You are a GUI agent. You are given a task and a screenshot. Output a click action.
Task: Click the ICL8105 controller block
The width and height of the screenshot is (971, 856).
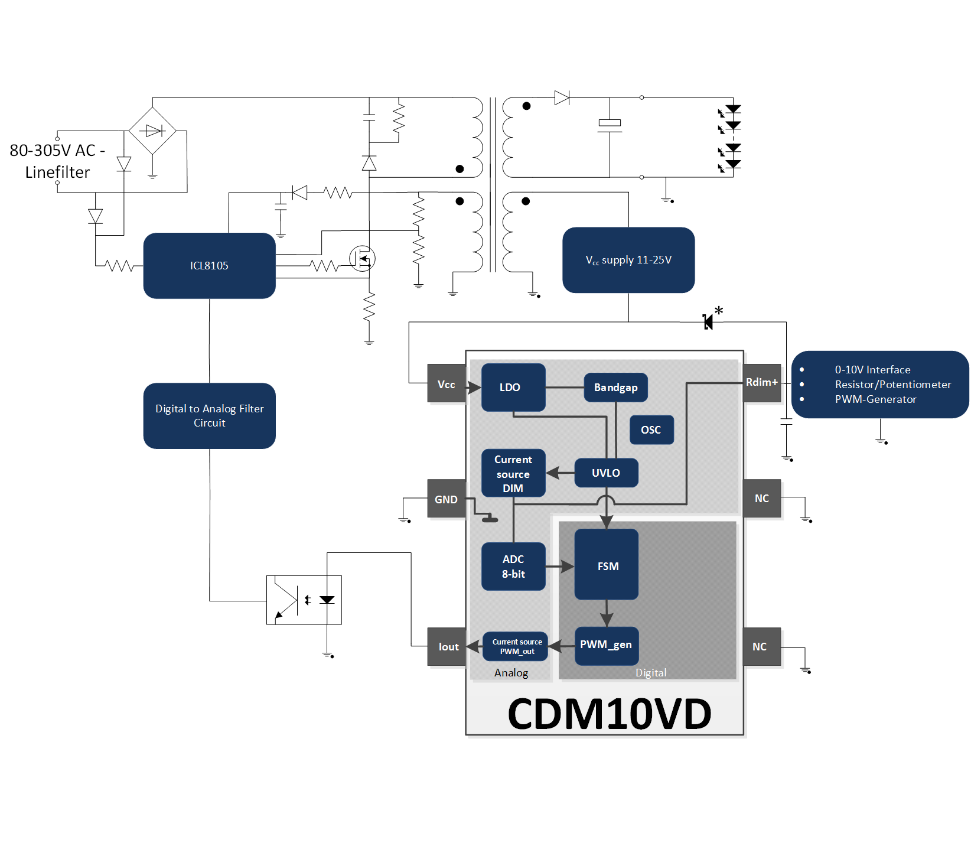(209, 266)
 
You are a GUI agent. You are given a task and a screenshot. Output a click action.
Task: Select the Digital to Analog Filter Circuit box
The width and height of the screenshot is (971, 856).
(209, 416)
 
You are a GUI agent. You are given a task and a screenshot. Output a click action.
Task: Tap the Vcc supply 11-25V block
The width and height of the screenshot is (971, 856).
(628, 260)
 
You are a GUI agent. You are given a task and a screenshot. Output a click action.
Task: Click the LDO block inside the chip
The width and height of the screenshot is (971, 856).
(513, 388)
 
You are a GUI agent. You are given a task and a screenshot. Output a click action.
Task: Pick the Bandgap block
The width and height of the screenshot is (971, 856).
(615, 388)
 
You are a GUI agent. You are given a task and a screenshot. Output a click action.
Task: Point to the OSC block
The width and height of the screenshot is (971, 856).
(651, 430)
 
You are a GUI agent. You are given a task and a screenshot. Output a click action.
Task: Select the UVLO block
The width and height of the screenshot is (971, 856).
(606, 473)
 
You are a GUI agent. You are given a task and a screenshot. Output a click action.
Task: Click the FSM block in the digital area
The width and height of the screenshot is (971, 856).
(607, 565)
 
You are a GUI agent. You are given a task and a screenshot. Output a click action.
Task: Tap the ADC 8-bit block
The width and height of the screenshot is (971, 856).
(513, 567)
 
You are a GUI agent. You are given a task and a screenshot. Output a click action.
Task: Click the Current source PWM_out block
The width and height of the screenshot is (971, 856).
(515, 646)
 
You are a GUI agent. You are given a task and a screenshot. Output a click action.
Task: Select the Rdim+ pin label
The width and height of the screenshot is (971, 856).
(762, 383)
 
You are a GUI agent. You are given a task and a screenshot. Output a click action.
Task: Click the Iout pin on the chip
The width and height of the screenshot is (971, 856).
(447, 647)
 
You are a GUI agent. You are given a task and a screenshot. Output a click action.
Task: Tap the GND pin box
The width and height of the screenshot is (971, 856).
(447, 499)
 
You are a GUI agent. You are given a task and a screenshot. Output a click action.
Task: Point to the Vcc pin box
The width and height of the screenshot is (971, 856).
(447, 385)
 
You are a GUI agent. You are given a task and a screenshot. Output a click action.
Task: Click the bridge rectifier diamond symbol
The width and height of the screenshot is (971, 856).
(152, 131)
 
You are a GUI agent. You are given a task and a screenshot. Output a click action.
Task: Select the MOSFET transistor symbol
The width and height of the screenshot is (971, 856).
(362, 259)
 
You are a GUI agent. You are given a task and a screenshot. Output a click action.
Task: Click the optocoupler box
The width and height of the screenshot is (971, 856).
(304, 600)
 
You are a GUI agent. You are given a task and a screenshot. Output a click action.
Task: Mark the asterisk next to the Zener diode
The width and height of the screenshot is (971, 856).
(719, 311)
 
